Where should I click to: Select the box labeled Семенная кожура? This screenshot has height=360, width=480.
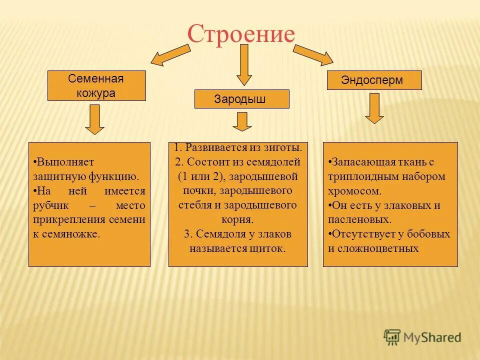click(96, 85)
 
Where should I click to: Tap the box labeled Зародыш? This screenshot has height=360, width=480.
click(241, 99)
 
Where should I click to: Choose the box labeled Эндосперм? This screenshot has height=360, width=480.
click(374, 80)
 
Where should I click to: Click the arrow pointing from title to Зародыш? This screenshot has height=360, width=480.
click(243, 64)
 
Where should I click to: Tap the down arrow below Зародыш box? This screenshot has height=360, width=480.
click(242, 121)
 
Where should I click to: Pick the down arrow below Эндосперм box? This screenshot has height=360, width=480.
click(374, 108)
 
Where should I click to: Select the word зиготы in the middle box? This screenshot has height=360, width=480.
click(284, 147)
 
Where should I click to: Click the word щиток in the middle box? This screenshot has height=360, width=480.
click(268, 248)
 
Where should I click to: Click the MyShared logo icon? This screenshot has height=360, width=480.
click(392, 336)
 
